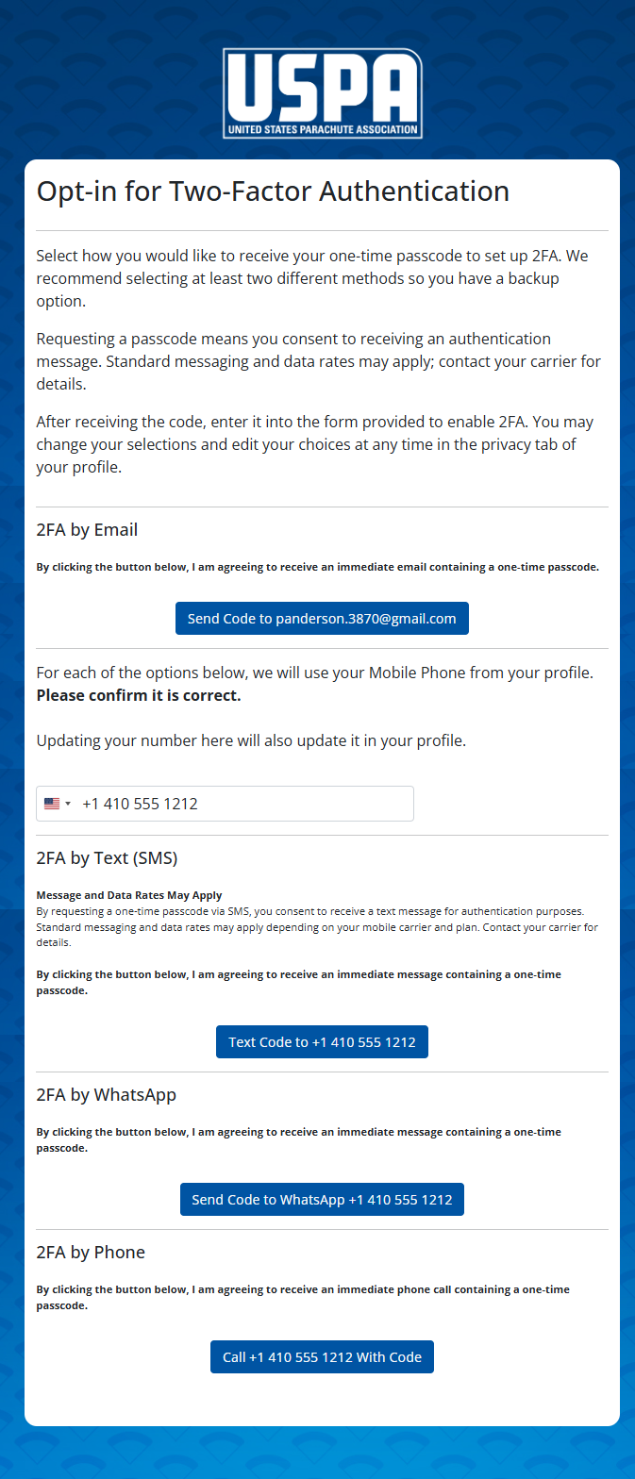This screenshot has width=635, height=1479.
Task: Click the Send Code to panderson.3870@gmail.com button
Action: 322,619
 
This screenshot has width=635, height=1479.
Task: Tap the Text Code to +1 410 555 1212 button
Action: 322,1042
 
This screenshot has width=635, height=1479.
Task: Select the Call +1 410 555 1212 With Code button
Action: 322,1357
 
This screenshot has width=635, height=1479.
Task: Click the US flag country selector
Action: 52,804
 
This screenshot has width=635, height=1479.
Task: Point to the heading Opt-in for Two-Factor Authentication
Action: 273,191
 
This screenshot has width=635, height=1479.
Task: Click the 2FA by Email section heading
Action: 87,530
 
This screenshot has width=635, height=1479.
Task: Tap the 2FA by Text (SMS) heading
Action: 107,858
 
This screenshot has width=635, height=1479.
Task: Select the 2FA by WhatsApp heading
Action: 106,1095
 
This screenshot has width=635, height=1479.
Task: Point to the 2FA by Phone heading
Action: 91,1253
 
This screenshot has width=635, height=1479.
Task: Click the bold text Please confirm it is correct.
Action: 139,696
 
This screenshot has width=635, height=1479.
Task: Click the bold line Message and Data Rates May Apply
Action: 129,895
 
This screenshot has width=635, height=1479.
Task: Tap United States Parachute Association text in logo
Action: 322,129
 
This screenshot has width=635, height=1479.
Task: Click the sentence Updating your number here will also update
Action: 251,740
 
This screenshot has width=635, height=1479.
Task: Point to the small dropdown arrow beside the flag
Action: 68,804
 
